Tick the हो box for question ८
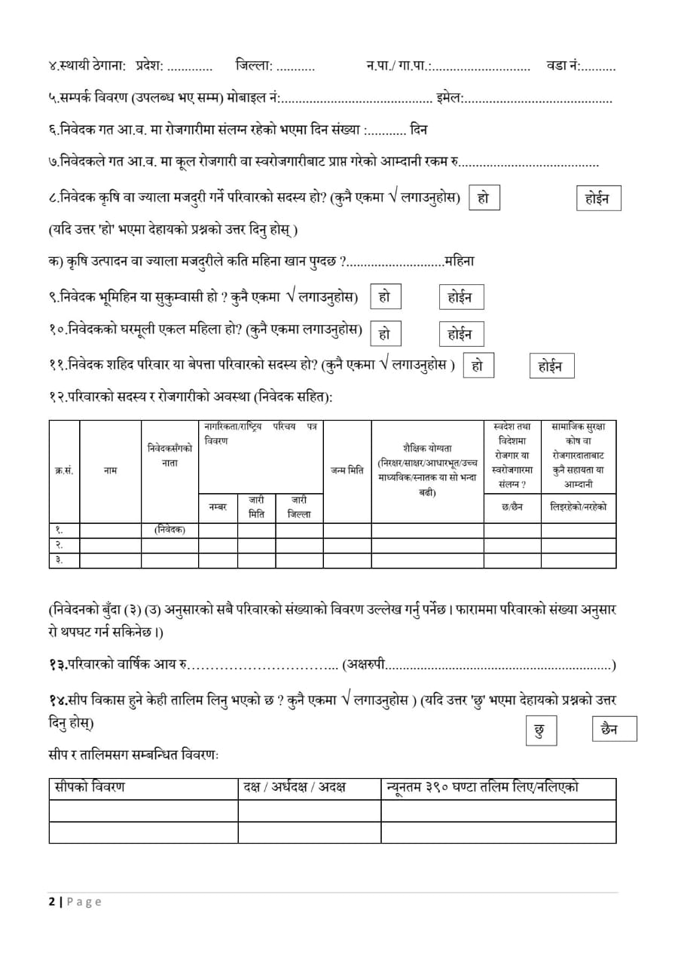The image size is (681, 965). tap(484, 198)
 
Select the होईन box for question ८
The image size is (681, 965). tap(597, 198)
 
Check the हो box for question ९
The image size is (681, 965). tap(385, 297)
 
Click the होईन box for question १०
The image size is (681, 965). tap(460, 333)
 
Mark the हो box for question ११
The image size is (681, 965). tap(478, 366)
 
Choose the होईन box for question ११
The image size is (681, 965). tap(551, 366)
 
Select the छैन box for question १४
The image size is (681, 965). tap(614, 729)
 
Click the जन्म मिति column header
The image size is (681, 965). tap(347, 470)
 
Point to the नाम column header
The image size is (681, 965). tap(110, 470)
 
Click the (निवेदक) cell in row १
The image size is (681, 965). tap(169, 529)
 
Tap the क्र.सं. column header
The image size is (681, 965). tap(64, 470)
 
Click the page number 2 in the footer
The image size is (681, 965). tap(52, 902)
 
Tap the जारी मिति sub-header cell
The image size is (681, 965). tap(256, 507)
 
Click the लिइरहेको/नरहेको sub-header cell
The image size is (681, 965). tap(579, 507)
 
